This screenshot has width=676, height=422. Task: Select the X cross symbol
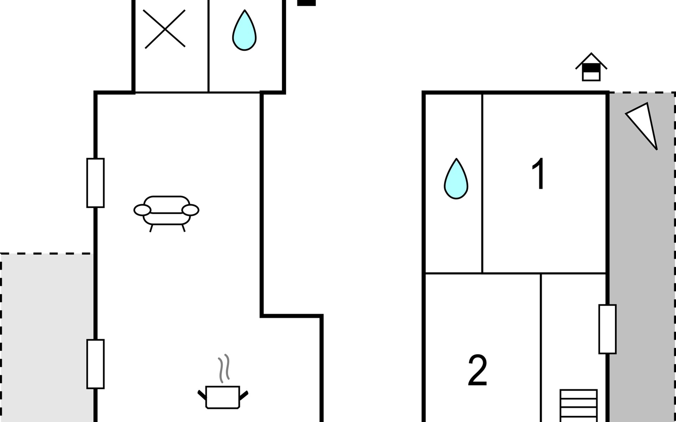coord(165,29)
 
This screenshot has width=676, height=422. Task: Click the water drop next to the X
coord(244,30)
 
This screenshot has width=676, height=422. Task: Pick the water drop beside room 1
coord(456,179)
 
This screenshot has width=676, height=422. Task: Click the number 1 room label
coord(539,174)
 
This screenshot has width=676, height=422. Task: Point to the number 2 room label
coord(477,370)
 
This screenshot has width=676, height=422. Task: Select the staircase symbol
coord(578,405)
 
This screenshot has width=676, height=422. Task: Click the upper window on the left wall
coord(95,183)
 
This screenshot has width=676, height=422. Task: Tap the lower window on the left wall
coord(95,364)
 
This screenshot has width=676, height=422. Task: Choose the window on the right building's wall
coord(607,329)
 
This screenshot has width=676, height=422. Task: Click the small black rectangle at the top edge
coord(306,3)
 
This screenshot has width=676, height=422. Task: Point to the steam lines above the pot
coord(224,368)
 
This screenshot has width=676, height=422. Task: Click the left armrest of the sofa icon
coord(142,210)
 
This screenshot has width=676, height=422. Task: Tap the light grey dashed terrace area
coord(47,338)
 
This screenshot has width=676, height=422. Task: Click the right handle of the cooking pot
coord(244,396)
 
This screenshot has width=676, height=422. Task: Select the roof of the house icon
coord(591,60)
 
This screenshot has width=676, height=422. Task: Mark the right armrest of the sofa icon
coord(190,210)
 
